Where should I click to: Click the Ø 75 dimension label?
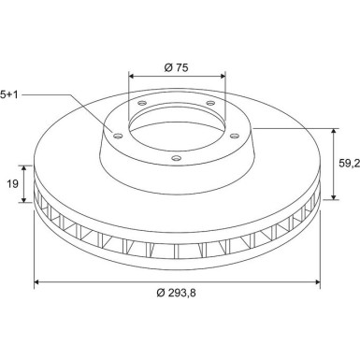(x=177, y=67)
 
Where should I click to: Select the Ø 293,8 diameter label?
(x=177, y=293)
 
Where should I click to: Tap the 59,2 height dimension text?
(x=350, y=163)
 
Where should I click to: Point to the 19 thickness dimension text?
(x=13, y=184)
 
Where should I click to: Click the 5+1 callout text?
(x=9, y=94)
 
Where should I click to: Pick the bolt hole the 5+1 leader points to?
(x=118, y=136)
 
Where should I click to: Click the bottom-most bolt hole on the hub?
(x=176, y=158)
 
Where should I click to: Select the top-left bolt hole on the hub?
(x=142, y=103)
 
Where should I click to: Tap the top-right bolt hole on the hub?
(x=211, y=103)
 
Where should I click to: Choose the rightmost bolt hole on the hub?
(x=235, y=136)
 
